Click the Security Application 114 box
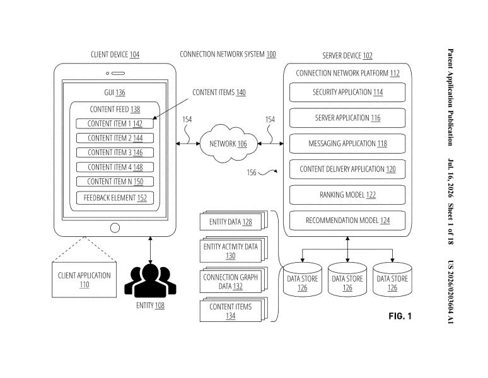pyautogui.click(x=347, y=93)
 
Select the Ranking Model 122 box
pyautogui.click(x=347, y=195)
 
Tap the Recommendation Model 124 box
pyautogui.click(x=347, y=220)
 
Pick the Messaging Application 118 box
pyautogui.click(x=347, y=144)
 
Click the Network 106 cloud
pyautogui.click(x=228, y=143)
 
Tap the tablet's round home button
pyautogui.click(x=115, y=228)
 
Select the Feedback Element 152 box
pyautogui.click(x=115, y=198)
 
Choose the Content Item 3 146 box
pyautogui.click(x=115, y=152)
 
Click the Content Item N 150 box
pyautogui.click(x=115, y=181)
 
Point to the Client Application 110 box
pyautogui.click(x=84, y=280)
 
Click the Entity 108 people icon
pyautogui.click(x=150, y=281)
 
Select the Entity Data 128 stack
pyautogui.click(x=233, y=220)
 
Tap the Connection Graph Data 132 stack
pyautogui.click(x=233, y=280)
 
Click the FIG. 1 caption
pyautogui.click(x=400, y=316)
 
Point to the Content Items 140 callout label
pyautogui.click(x=219, y=93)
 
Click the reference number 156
pyautogui.click(x=252, y=173)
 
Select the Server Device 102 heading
pyautogui.click(x=347, y=55)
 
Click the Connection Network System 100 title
pyautogui.click(x=228, y=54)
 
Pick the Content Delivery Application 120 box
pyautogui.click(x=347, y=169)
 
